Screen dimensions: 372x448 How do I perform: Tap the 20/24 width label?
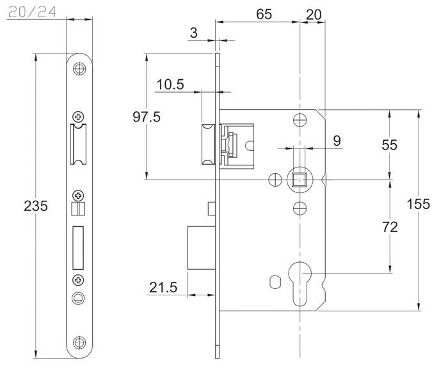pos(29,12)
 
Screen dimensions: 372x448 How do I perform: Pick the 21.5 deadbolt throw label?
pos(164,288)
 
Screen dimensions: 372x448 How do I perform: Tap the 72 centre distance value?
pos(389,227)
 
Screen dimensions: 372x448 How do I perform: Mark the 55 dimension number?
pos(389,145)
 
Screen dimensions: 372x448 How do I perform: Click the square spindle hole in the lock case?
pos(299,180)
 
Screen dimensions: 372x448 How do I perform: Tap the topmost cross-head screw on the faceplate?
pos(79,117)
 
